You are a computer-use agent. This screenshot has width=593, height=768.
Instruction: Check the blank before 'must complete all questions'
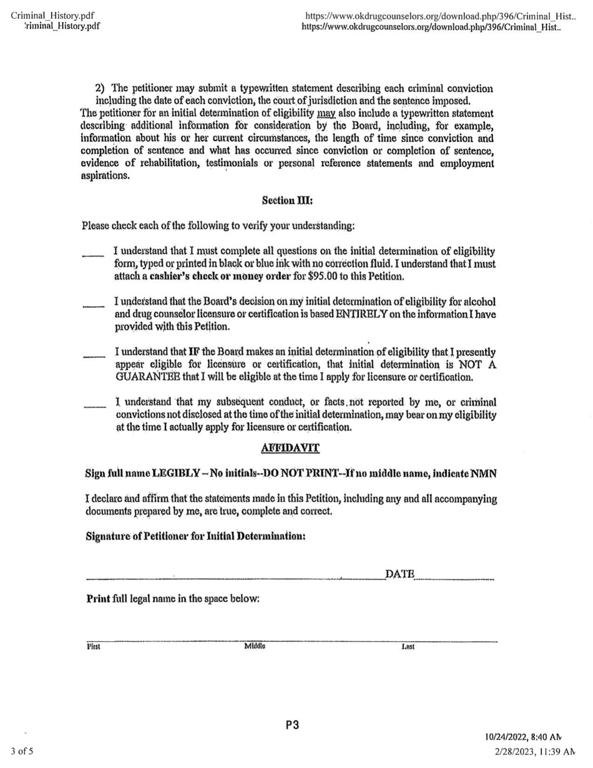pyautogui.click(x=91, y=254)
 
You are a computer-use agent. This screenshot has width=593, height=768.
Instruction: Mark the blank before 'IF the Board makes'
pyautogui.click(x=91, y=355)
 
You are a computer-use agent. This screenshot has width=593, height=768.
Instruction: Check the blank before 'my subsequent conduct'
pyautogui.click(x=91, y=405)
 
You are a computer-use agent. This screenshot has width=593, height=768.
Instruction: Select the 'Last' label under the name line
pyautogui.click(x=409, y=647)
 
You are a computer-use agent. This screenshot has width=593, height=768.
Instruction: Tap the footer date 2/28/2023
pyautogui.click(x=517, y=750)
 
